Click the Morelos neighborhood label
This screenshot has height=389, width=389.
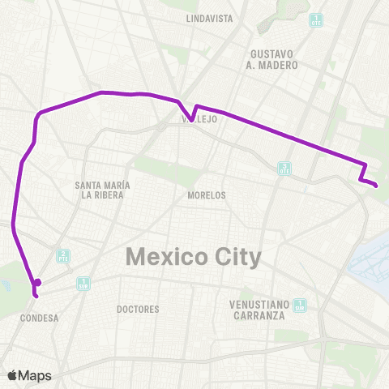click(207, 195)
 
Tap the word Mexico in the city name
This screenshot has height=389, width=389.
click(162, 258)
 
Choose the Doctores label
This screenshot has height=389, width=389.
click(138, 309)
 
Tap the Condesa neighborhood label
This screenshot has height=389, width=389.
click(37, 318)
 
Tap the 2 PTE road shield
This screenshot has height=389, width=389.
click(62, 256)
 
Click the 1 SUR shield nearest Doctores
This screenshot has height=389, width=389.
click(83, 284)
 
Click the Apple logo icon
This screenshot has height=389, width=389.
click(13, 375)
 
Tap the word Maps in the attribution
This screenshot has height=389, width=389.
click(35, 375)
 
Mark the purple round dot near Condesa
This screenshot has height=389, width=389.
click(37, 283)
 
